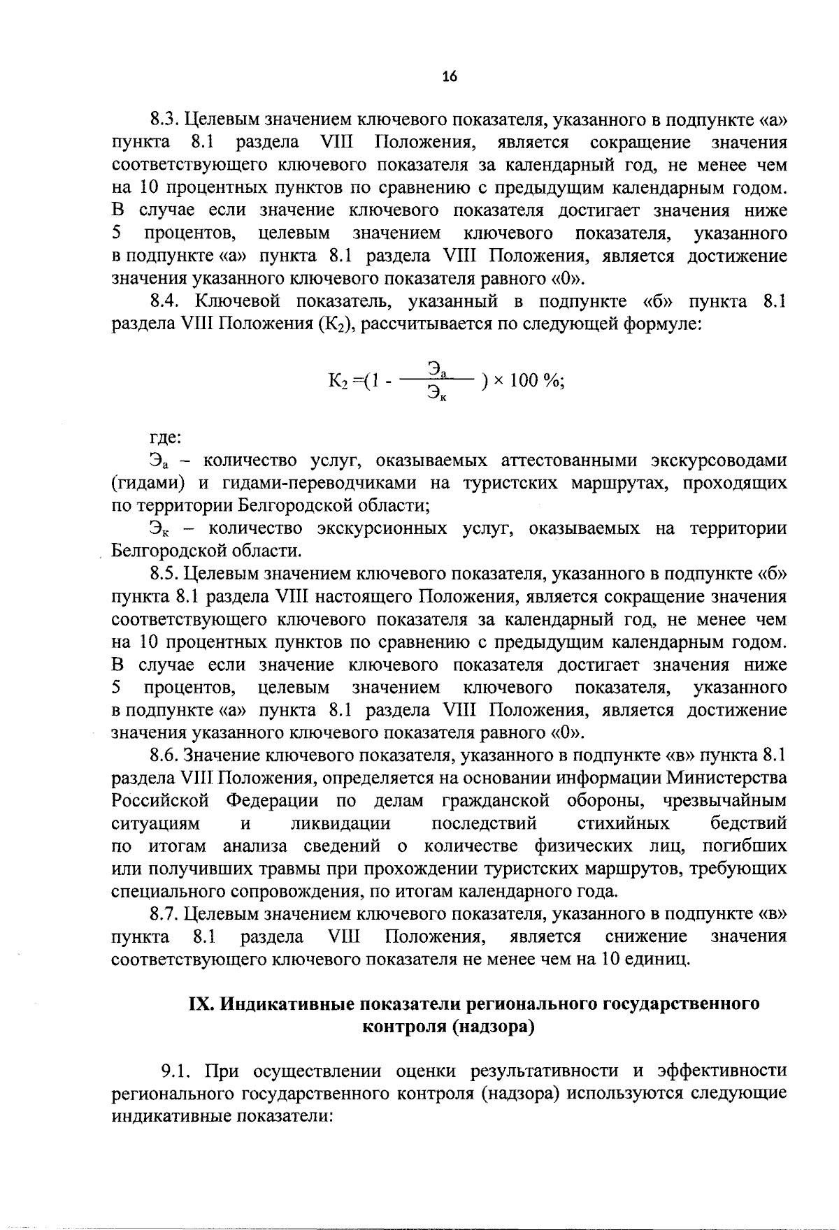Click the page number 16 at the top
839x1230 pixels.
[449, 78]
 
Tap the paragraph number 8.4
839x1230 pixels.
[167, 302]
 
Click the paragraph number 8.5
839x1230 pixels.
[167, 574]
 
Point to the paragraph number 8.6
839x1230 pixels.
[167, 755]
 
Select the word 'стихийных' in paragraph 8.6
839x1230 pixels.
[622, 823]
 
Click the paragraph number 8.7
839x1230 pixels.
[167, 913]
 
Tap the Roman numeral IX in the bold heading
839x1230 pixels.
[202, 1004]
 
